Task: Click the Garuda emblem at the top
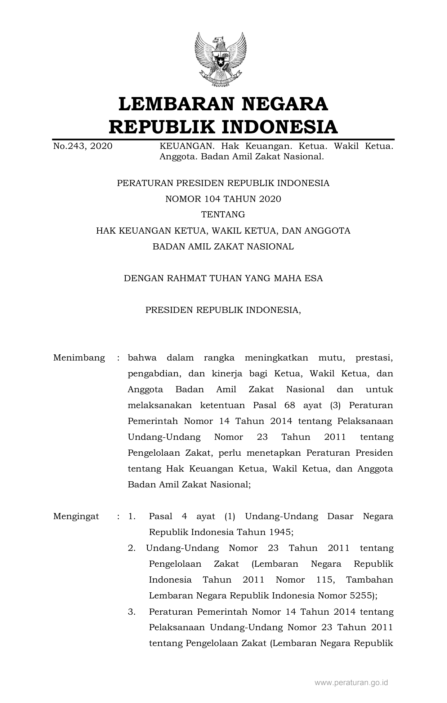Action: click(x=220, y=59)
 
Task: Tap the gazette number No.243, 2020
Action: click(x=82, y=146)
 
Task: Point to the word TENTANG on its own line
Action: click(x=223, y=215)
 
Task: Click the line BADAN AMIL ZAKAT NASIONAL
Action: click(x=223, y=247)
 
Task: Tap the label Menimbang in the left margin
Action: click(x=79, y=358)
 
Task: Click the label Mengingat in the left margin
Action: click(x=76, y=516)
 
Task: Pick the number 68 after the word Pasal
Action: click(x=290, y=405)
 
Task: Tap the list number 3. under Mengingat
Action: click(x=131, y=611)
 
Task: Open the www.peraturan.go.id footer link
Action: click(x=351, y=682)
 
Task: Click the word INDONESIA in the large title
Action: click(x=279, y=127)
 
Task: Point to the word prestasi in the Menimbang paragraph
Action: click(x=374, y=358)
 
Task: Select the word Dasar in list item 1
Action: click(x=340, y=516)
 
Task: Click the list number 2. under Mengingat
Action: click(x=131, y=548)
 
